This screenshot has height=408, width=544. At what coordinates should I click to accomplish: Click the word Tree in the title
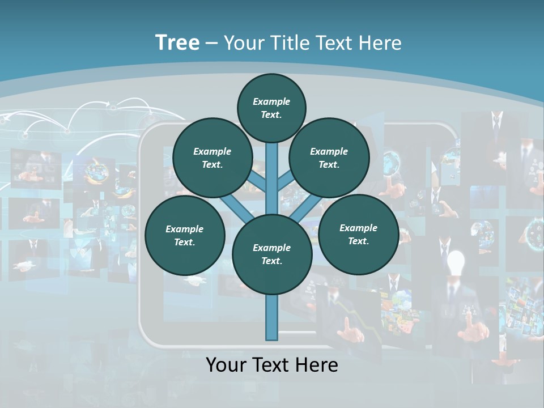(x=177, y=43)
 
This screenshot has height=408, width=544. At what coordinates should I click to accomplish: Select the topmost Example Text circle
(x=271, y=108)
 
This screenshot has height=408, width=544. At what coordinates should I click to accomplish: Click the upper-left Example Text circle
(x=212, y=158)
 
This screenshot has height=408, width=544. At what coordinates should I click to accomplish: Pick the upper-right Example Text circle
(x=329, y=158)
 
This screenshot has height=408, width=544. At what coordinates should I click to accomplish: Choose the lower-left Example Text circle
(x=185, y=235)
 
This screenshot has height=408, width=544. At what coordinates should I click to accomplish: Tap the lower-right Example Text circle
(x=358, y=234)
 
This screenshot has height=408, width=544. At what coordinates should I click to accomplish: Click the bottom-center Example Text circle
(x=272, y=254)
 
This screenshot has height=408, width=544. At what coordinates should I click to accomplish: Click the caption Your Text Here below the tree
(x=272, y=365)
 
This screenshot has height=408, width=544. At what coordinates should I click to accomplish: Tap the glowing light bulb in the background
(x=456, y=262)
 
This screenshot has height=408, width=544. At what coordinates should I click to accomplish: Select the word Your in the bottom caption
(x=226, y=365)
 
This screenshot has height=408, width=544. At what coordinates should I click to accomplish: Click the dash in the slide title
(x=211, y=44)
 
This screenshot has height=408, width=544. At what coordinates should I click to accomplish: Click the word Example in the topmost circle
(x=271, y=102)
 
